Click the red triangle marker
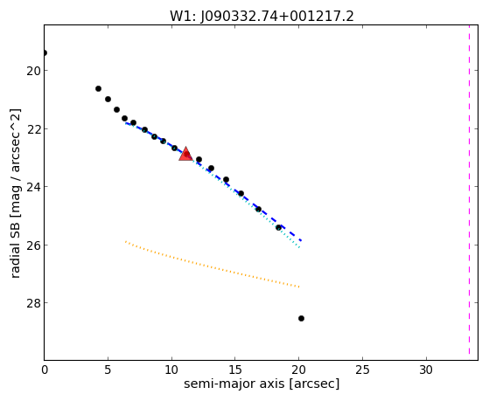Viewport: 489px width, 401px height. [185, 154]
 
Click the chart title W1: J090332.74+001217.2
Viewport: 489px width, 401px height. [262, 17]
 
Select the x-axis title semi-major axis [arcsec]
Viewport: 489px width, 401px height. [262, 384]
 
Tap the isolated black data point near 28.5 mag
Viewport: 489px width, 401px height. [301, 318]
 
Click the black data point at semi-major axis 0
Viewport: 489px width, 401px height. [45, 52]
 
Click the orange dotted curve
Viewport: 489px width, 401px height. [212, 265]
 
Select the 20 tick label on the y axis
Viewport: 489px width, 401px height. [32, 71]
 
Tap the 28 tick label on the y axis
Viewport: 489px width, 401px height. [32, 303]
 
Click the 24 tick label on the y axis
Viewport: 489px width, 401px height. [32, 187]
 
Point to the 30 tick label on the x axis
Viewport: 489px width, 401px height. [426, 370]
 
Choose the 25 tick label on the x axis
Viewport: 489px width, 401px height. [362, 370]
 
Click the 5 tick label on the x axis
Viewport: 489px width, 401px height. [108, 370]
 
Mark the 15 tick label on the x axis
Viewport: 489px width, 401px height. [235, 370]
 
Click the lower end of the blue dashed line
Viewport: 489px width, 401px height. [301, 240]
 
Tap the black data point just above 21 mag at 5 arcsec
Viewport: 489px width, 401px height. [108, 99]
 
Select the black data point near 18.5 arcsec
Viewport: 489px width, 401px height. [278, 228]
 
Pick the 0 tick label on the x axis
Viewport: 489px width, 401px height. [45, 370]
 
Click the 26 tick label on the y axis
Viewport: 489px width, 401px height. [32, 245]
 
